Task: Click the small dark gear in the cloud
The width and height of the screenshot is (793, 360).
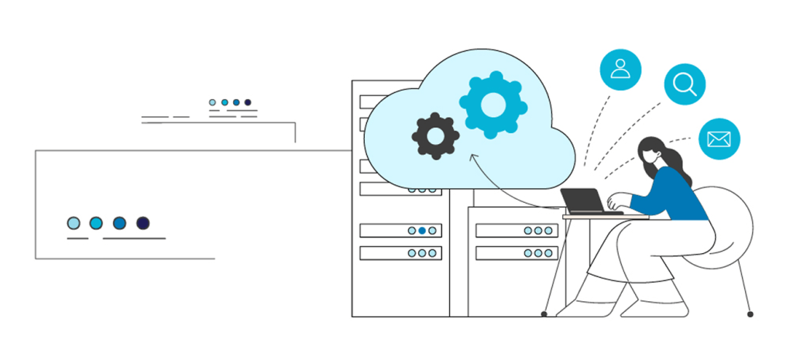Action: [435, 136]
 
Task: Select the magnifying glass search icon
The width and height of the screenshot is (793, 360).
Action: [685, 84]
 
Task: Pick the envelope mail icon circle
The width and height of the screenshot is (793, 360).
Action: [719, 139]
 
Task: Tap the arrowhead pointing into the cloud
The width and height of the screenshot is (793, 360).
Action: [473, 157]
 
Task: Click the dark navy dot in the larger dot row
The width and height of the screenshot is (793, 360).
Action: [142, 223]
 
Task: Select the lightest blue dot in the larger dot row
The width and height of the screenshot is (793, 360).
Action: [74, 223]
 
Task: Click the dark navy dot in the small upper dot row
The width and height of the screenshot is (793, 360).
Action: [248, 102]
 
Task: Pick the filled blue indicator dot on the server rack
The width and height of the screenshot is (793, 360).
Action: [422, 230]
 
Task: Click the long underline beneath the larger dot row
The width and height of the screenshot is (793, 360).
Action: [134, 238]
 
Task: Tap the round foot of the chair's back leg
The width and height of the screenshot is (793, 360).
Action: [750, 314]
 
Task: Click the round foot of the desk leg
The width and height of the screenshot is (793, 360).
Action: [544, 314]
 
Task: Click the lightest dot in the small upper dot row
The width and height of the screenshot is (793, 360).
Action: [213, 102]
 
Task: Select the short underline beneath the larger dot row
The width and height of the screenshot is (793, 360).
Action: [77, 238]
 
